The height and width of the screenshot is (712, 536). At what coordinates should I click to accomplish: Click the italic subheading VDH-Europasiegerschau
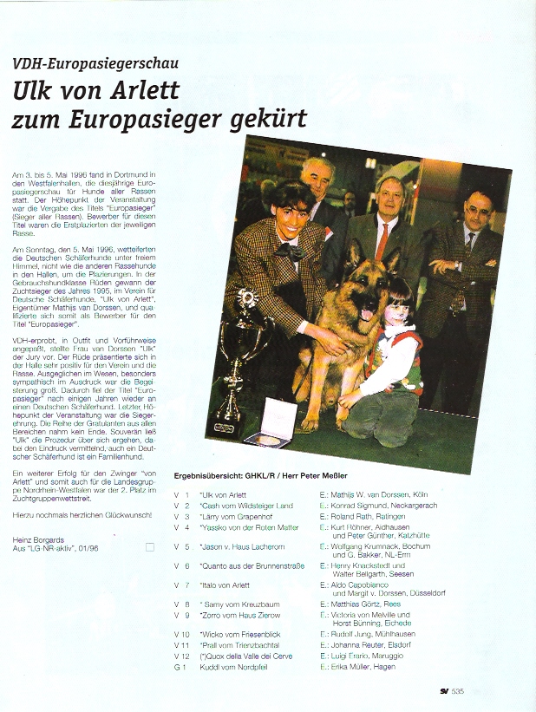click(x=83, y=63)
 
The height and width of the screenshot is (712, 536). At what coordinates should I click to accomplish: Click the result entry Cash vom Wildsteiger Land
click(x=246, y=505)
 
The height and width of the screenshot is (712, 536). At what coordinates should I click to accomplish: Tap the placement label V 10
click(x=182, y=634)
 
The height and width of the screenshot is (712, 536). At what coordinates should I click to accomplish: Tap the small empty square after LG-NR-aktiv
click(x=150, y=547)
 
